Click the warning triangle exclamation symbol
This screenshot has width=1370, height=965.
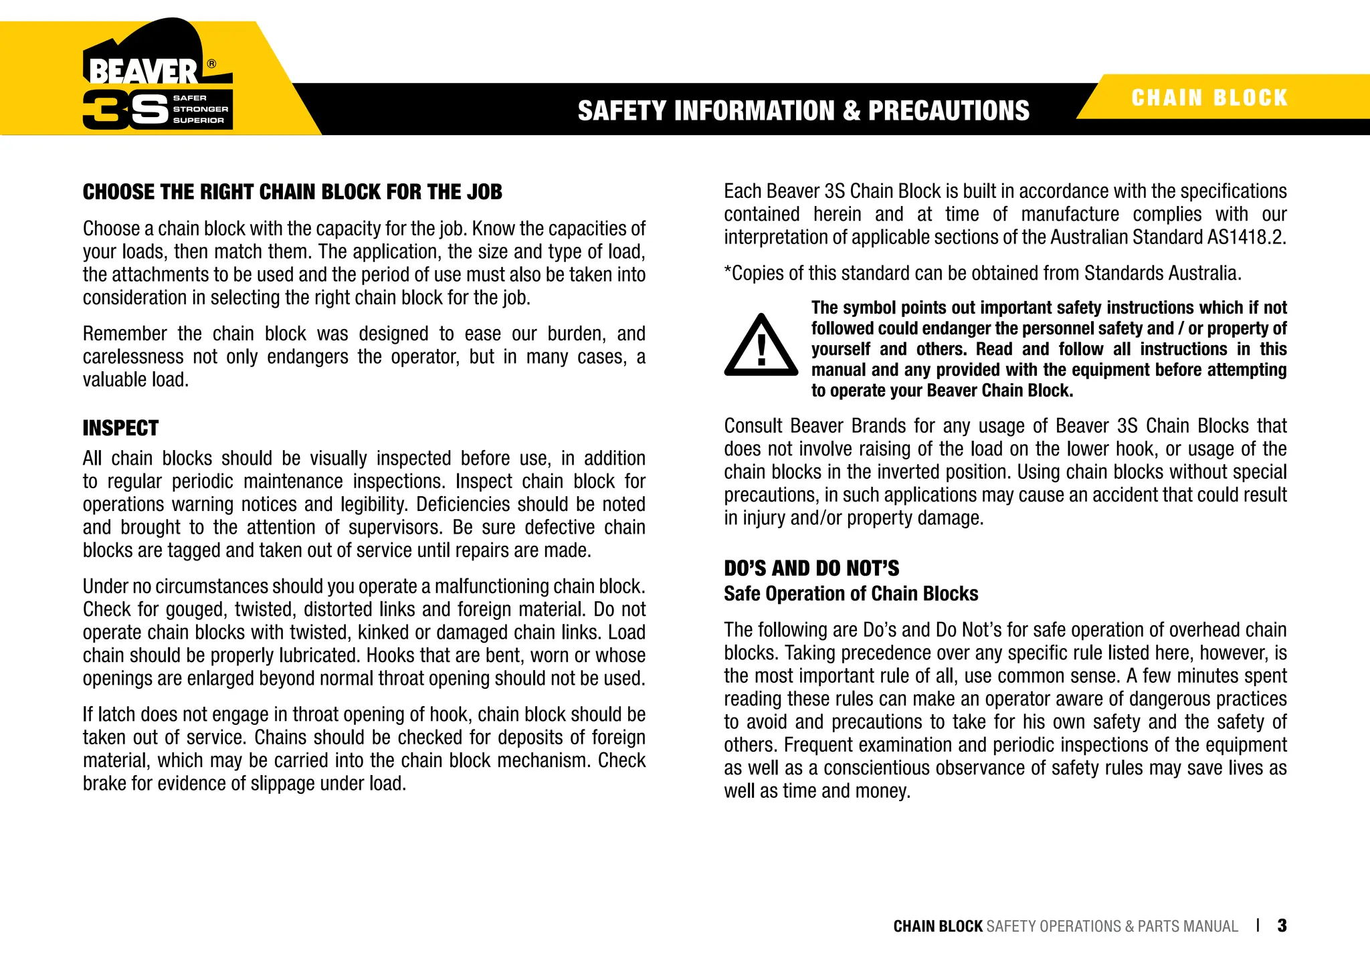point(761,346)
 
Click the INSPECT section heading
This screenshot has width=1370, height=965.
point(120,428)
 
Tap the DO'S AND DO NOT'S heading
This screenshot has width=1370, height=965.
point(811,568)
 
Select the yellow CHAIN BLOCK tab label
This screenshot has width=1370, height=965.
point(1209,98)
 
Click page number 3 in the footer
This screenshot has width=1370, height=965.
point(1282,926)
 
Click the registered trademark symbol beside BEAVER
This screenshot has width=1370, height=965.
point(211,64)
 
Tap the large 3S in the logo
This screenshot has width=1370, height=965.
point(125,109)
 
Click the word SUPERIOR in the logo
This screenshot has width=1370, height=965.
point(198,120)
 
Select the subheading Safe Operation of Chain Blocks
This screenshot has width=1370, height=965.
point(851,594)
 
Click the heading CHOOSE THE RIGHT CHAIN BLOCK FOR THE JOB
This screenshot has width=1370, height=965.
point(292,192)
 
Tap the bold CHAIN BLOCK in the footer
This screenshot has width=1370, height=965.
point(938,926)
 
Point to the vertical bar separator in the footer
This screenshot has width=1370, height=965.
point(1258,926)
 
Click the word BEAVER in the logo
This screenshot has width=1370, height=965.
point(142,72)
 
